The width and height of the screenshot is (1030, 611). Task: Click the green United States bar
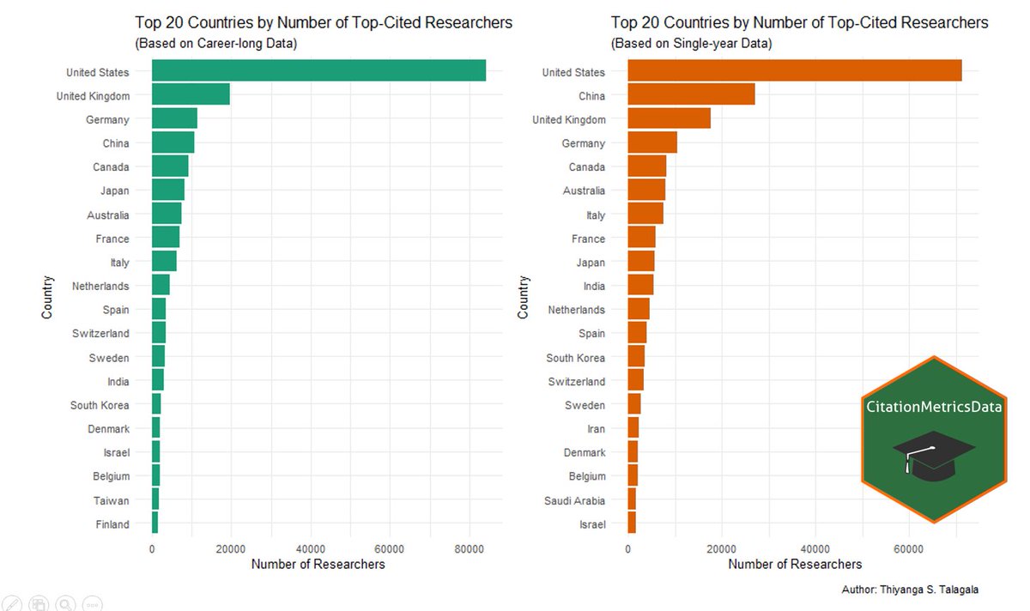coord(318,71)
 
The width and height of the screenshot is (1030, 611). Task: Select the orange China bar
coord(691,95)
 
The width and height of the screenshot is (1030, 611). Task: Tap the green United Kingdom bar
coord(191,95)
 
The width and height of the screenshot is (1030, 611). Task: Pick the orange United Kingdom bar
coord(669,119)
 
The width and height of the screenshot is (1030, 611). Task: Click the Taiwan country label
coord(112,500)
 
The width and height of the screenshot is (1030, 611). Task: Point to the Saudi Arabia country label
coord(574,500)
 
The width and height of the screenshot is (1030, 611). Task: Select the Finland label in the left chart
coord(112,524)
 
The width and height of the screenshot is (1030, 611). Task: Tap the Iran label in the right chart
coord(596,429)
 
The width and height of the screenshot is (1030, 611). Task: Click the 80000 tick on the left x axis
coord(469,547)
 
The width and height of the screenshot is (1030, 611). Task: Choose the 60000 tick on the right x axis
coord(908,547)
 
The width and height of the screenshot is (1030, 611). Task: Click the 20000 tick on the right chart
coord(722,547)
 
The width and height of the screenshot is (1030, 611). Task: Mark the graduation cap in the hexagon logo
coord(933,455)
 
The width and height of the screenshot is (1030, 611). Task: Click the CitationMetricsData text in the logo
coord(933,408)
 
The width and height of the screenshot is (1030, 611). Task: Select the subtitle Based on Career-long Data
coord(215,44)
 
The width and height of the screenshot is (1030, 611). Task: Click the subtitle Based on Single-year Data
coord(691,44)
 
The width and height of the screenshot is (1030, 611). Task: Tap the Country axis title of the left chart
coord(47,297)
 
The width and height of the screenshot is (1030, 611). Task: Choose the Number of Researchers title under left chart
coord(318,564)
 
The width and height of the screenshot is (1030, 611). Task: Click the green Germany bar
coord(174,119)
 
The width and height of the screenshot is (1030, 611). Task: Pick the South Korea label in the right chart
coord(575,358)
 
